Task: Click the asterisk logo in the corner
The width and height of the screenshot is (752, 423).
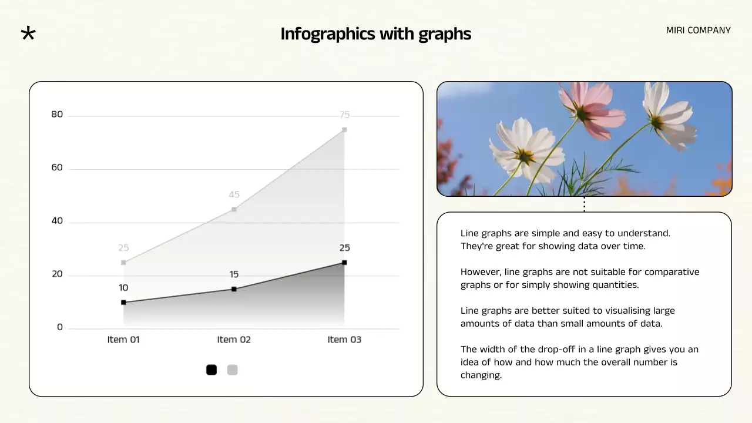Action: pyautogui.click(x=28, y=33)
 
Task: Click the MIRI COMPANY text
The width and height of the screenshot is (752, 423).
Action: pyautogui.click(x=698, y=30)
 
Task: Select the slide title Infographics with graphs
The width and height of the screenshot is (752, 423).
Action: pyautogui.click(x=375, y=34)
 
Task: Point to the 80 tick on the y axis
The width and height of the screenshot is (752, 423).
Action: pyautogui.click(x=57, y=115)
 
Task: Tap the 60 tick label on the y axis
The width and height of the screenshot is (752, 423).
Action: pyautogui.click(x=57, y=168)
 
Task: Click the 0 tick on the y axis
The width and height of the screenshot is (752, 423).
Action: pyautogui.click(x=60, y=327)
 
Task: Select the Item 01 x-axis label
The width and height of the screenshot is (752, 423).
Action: pyautogui.click(x=123, y=340)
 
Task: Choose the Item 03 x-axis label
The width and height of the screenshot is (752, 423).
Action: pyautogui.click(x=344, y=340)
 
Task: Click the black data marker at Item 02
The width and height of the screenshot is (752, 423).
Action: pyautogui.click(x=234, y=289)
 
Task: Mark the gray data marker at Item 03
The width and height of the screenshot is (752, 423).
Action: pyautogui.click(x=344, y=130)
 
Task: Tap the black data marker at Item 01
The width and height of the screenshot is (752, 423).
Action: pyautogui.click(x=123, y=303)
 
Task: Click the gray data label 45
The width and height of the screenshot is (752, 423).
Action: pyautogui.click(x=234, y=194)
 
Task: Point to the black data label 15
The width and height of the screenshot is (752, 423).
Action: pyautogui.click(x=234, y=274)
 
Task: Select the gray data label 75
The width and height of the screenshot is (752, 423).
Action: pyautogui.click(x=344, y=115)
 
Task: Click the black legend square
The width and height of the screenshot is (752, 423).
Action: pyautogui.click(x=211, y=370)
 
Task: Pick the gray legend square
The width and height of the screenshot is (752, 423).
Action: pyautogui.click(x=233, y=370)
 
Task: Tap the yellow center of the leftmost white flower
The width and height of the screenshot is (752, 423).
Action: pyautogui.click(x=525, y=156)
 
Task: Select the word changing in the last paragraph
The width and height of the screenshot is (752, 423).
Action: pyautogui.click(x=481, y=375)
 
